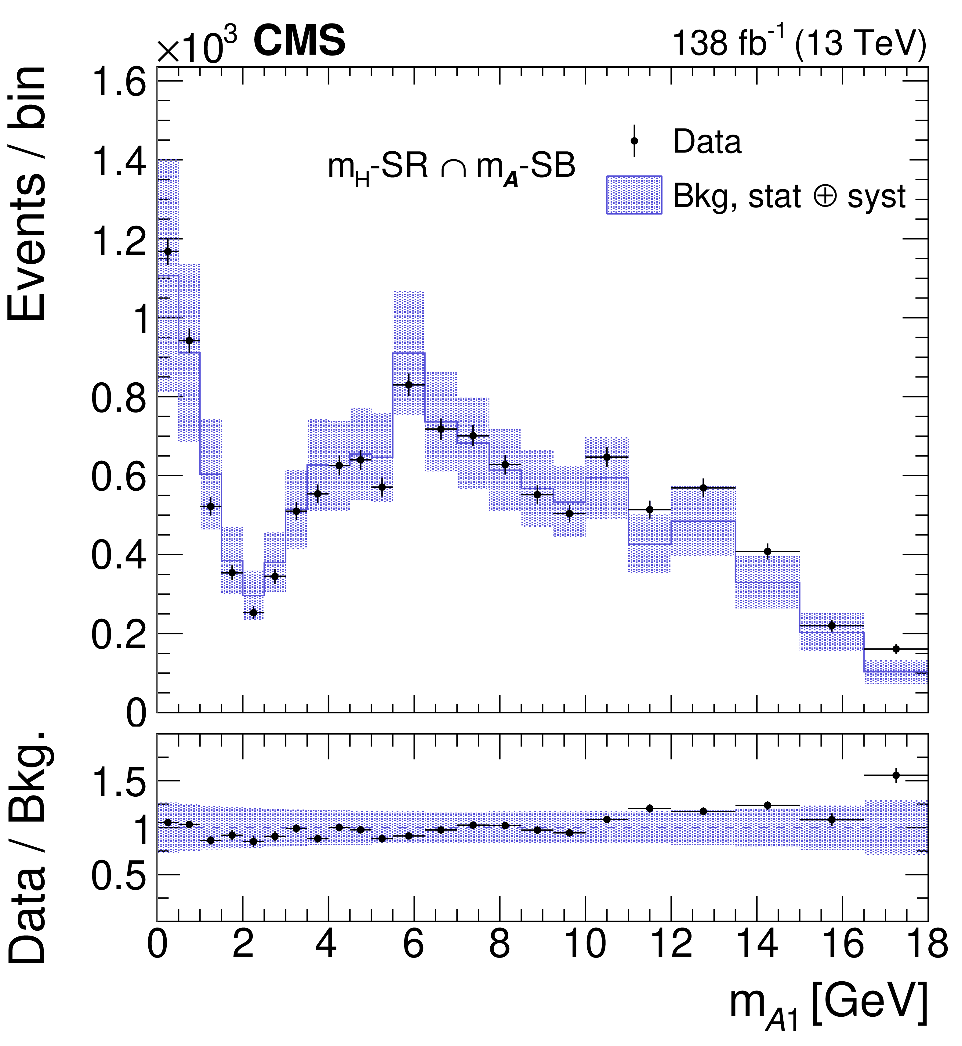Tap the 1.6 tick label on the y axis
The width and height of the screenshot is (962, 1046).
tap(119, 82)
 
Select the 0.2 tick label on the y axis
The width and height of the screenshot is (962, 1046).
tap(119, 635)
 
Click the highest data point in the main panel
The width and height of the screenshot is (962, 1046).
tap(168, 251)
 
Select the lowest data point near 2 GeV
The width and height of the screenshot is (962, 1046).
tap(253, 613)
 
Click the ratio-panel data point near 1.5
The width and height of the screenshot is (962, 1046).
tap(896, 775)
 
